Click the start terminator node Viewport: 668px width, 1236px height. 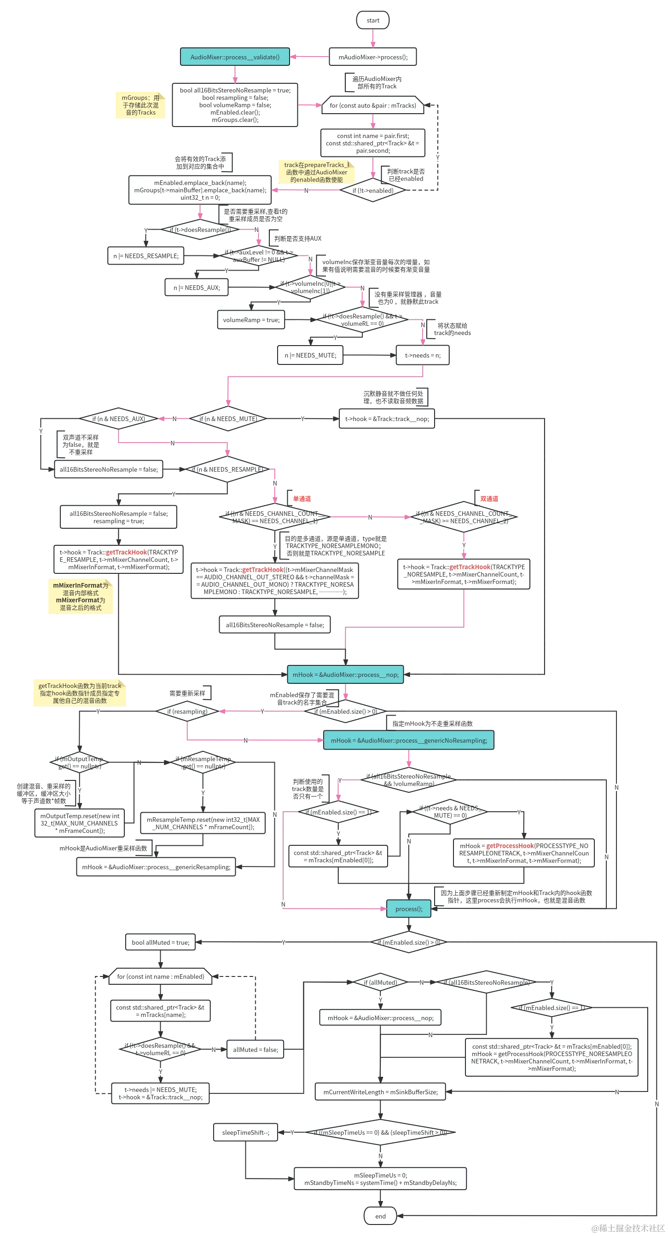click(373, 20)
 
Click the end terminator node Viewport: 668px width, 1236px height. click(380, 1216)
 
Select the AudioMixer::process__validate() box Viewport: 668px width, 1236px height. click(235, 57)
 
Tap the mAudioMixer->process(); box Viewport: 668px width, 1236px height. click(373, 57)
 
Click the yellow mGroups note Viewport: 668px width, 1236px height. click(140, 104)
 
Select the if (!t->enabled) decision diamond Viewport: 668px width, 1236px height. click(373, 191)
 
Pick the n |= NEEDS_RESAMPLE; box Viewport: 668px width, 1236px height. click(145, 256)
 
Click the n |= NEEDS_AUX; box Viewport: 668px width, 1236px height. click(196, 288)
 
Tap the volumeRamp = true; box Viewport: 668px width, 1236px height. click(251, 319)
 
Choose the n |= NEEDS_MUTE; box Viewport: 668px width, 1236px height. click(310, 355)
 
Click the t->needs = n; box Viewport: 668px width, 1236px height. click(422, 355)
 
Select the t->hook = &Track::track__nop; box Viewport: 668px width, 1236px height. click(387, 419)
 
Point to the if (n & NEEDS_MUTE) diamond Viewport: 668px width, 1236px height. click(228, 419)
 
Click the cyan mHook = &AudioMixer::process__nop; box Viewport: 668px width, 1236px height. click(345, 675)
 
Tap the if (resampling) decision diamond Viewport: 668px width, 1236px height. click(187, 711)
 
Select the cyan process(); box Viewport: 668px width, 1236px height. click(409, 909)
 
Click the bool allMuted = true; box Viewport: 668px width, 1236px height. click(160, 942)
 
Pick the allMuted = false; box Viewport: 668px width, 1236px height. click(256, 1049)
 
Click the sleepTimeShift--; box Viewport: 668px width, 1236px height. click(246, 1132)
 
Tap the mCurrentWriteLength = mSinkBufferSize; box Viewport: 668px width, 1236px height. click(380, 1092)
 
